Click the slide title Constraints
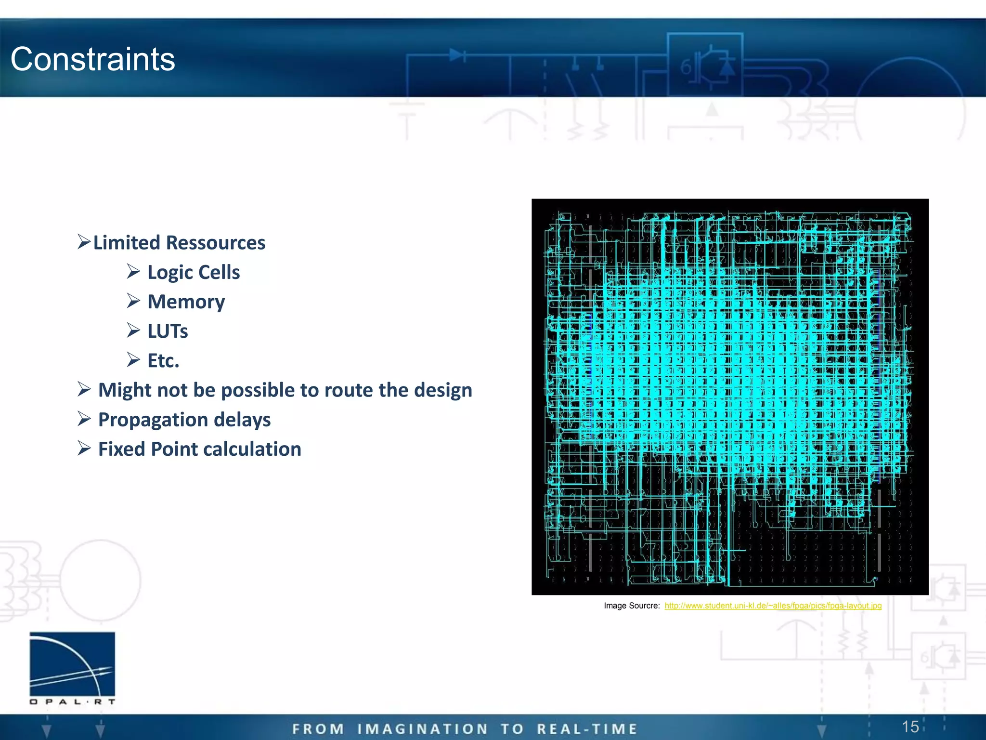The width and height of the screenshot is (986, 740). pyautogui.click(x=93, y=59)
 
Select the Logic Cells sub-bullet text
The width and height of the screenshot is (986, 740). pyautogui.click(x=194, y=272)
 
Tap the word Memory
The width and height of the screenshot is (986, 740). pyautogui.click(x=186, y=302)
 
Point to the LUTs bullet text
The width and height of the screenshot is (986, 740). pyautogui.click(x=168, y=331)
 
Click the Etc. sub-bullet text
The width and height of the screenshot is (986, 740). pyautogui.click(x=163, y=361)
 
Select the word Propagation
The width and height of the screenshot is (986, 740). pyautogui.click(x=153, y=420)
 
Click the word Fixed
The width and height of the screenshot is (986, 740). pyautogui.click(x=122, y=449)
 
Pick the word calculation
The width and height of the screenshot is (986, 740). pyautogui.click(x=256, y=449)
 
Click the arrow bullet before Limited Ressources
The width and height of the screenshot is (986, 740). pyautogui.click(x=84, y=241)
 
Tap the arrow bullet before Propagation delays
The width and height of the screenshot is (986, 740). pyautogui.click(x=84, y=419)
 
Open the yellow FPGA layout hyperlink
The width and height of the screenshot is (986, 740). pyautogui.click(x=773, y=606)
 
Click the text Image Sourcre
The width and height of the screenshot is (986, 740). pyautogui.click(x=631, y=606)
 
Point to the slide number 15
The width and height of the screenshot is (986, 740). pyautogui.click(x=910, y=727)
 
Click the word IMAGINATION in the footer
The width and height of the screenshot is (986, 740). pyautogui.click(x=423, y=729)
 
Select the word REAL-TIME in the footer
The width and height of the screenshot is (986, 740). pyautogui.click(x=587, y=729)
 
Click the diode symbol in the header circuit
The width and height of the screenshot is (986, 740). pyautogui.click(x=456, y=55)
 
